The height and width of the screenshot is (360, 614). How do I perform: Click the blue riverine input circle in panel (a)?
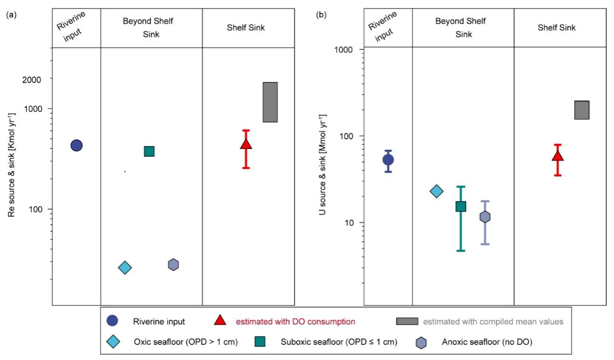tap(77, 145)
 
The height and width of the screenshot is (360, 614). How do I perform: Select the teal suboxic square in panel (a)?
tap(149, 151)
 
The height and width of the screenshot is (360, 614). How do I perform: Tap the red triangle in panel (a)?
tap(246, 144)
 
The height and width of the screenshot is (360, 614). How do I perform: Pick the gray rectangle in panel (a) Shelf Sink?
tap(270, 102)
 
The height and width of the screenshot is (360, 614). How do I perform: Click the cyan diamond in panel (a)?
tap(125, 268)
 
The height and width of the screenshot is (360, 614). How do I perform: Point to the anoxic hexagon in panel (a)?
tap(174, 265)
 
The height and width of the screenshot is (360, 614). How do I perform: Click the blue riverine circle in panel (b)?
tap(388, 160)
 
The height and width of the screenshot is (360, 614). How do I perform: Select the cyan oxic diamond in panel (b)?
tap(436, 191)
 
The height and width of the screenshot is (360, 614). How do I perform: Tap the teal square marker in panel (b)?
tap(461, 206)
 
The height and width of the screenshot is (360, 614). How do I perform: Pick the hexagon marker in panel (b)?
tap(485, 217)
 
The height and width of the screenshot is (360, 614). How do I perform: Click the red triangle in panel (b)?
tap(558, 156)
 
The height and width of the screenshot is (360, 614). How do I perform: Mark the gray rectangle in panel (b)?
tap(582, 110)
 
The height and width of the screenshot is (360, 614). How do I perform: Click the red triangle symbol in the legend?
tap(220, 320)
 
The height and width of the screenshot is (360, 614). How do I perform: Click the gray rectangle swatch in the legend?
tap(407, 321)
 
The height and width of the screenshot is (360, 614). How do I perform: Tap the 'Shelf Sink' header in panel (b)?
tap(557, 28)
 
